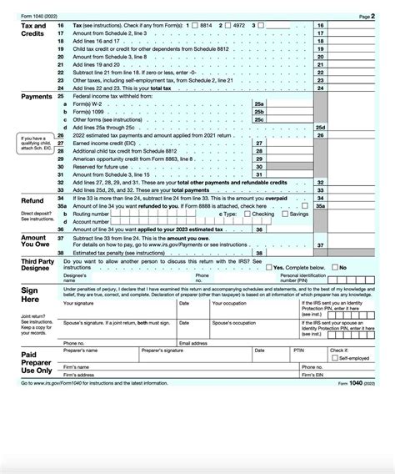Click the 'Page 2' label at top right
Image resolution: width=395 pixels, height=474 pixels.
coord(364,17)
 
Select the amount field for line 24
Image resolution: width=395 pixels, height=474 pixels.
coord(356,87)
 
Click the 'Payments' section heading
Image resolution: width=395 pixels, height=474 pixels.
coord(37,97)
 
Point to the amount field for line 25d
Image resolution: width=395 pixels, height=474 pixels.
coord(356,128)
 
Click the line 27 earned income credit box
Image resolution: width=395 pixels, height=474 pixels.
coord(291,143)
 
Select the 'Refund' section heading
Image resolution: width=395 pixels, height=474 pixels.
coord(32,201)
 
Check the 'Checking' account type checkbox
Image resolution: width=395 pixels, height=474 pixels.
coord(247,214)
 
